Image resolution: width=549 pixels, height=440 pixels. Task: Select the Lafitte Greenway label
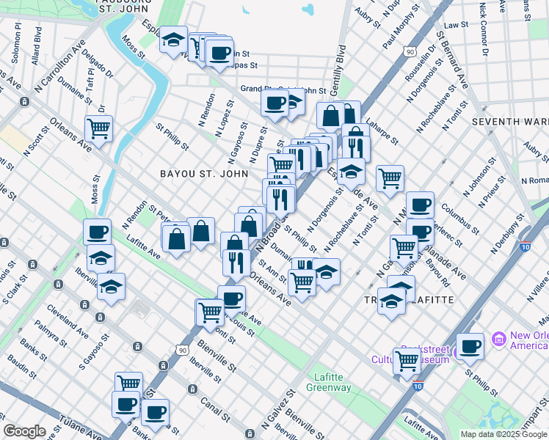tap(329, 382)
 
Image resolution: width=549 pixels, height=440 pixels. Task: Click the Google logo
tap(24, 431)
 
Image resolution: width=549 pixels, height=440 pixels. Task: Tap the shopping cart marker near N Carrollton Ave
tap(98, 129)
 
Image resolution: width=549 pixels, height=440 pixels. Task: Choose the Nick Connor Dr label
tap(483, 29)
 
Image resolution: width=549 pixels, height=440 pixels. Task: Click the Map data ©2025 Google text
tap(504, 434)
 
